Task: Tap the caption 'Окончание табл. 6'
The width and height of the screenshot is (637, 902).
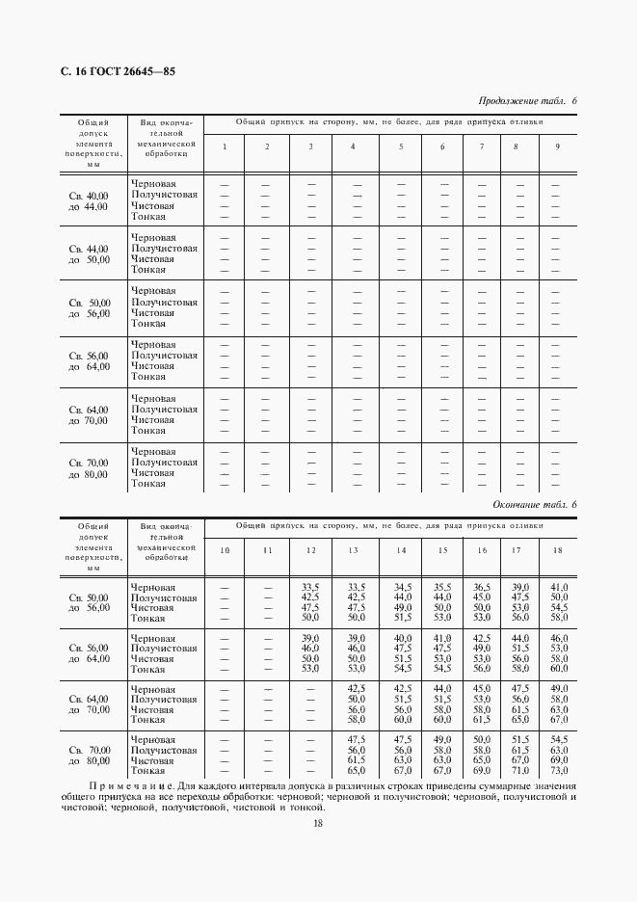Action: click(x=534, y=505)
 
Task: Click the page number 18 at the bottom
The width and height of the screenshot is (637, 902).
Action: click(x=317, y=822)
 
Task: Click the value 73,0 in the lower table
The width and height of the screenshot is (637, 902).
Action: click(x=558, y=771)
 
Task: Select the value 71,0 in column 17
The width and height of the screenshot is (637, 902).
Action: click(x=519, y=771)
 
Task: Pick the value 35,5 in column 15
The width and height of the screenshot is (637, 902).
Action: click(x=442, y=586)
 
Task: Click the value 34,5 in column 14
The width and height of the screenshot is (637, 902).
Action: click(x=403, y=586)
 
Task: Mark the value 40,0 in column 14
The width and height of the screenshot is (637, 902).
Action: click(x=403, y=639)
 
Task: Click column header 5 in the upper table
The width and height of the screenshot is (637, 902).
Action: click(x=401, y=146)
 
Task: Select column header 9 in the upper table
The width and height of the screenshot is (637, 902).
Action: click(x=556, y=146)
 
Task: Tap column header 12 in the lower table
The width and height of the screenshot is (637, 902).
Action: click(x=310, y=550)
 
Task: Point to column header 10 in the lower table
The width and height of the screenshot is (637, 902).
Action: click(x=225, y=550)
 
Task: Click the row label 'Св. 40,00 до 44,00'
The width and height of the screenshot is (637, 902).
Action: click(x=89, y=200)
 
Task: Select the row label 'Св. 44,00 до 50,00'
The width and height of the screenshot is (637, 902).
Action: click(x=89, y=253)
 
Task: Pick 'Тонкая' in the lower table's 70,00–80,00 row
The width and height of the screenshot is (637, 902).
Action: click(x=148, y=771)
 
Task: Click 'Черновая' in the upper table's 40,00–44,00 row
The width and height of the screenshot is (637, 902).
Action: click(x=153, y=183)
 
